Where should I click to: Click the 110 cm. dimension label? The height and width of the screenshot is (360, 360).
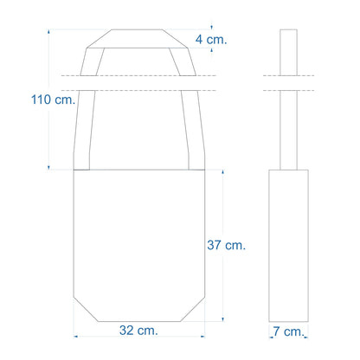pos(53,100)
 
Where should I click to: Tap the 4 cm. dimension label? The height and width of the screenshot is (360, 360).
pos(211,40)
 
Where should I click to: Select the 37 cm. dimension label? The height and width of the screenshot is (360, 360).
pos(227,245)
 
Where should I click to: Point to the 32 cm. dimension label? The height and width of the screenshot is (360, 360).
pos(138,331)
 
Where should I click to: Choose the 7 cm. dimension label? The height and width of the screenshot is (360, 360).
pos(288,331)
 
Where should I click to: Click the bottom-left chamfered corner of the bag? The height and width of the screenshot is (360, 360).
pos(86,308)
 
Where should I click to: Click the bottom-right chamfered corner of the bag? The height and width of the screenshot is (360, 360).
pos(193,308)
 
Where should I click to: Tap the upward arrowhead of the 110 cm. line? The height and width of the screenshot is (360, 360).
pos(48,31)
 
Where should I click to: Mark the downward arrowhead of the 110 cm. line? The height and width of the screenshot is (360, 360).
pos(48,168)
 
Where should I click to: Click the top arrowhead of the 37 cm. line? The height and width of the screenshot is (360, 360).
pos(222,172)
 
